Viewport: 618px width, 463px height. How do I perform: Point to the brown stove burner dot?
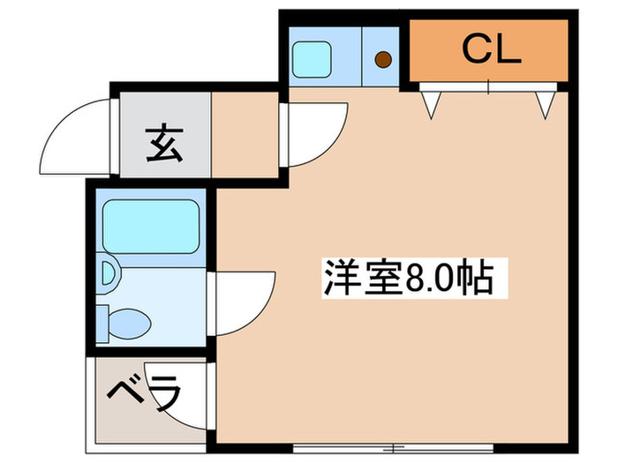(383, 60)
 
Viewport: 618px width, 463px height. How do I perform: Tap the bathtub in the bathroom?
(150, 227)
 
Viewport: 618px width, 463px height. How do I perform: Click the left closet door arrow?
(430, 103)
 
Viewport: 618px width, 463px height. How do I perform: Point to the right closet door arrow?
(545, 103)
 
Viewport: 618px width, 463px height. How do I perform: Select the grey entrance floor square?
(163, 136)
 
